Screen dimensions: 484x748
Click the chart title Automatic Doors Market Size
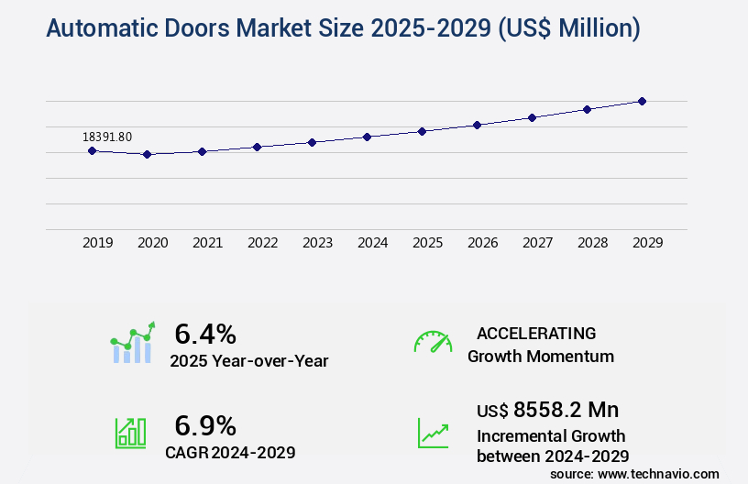(343, 29)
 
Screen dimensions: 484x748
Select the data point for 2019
(93, 150)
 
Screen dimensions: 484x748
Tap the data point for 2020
(147, 155)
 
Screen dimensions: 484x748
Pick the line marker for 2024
(367, 137)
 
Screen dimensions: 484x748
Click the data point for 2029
(642, 101)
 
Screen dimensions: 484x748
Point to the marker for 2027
(532, 117)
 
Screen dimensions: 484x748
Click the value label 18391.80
(107, 137)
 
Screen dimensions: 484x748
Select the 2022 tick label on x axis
(262, 243)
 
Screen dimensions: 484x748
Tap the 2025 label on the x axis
(427, 243)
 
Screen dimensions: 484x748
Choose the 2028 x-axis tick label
(592, 243)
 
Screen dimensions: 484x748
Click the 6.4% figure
(205, 333)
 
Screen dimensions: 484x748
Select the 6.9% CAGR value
(205, 425)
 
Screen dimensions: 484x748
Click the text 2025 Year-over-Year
(248, 361)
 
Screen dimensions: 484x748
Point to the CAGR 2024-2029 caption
(230, 452)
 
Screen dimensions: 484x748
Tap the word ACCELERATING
(536, 333)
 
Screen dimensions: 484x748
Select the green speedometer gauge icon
(433, 342)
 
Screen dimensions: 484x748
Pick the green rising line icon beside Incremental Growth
(433, 433)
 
